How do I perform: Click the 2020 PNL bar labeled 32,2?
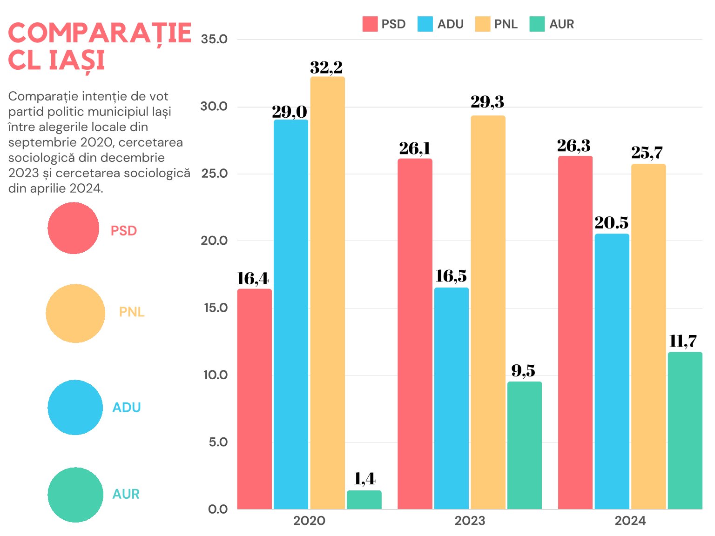pyautogui.click(x=327, y=293)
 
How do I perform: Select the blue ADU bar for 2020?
pyautogui.click(x=290, y=314)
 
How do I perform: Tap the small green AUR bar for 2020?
pyautogui.click(x=364, y=500)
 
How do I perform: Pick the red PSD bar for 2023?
pyautogui.click(x=415, y=334)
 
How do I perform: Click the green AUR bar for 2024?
pyautogui.click(x=685, y=430)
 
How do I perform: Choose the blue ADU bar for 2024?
pyautogui.click(x=612, y=371)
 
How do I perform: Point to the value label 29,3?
pyautogui.click(x=487, y=102)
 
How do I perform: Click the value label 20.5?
pyautogui.click(x=611, y=223)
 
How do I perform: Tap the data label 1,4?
pyautogui.click(x=364, y=479)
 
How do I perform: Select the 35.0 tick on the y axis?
pyautogui.click(x=214, y=39)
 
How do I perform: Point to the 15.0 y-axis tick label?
pyautogui.click(x=216, y=308)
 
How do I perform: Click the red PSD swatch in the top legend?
pyautogui.click(x=370, y=24)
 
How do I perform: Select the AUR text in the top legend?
pyautogui.click(x=561, y=24)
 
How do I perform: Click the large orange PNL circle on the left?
pyautogui.click(x=75, y=314)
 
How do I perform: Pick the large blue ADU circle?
pyautogui.click(x=75, y=408)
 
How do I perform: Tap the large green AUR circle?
pyautogui.click(x=75, y=495)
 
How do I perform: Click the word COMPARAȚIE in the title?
pyautogui.click(x=100, y=33)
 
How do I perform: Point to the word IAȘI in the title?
pyautogui.click(x=77, y=61)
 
